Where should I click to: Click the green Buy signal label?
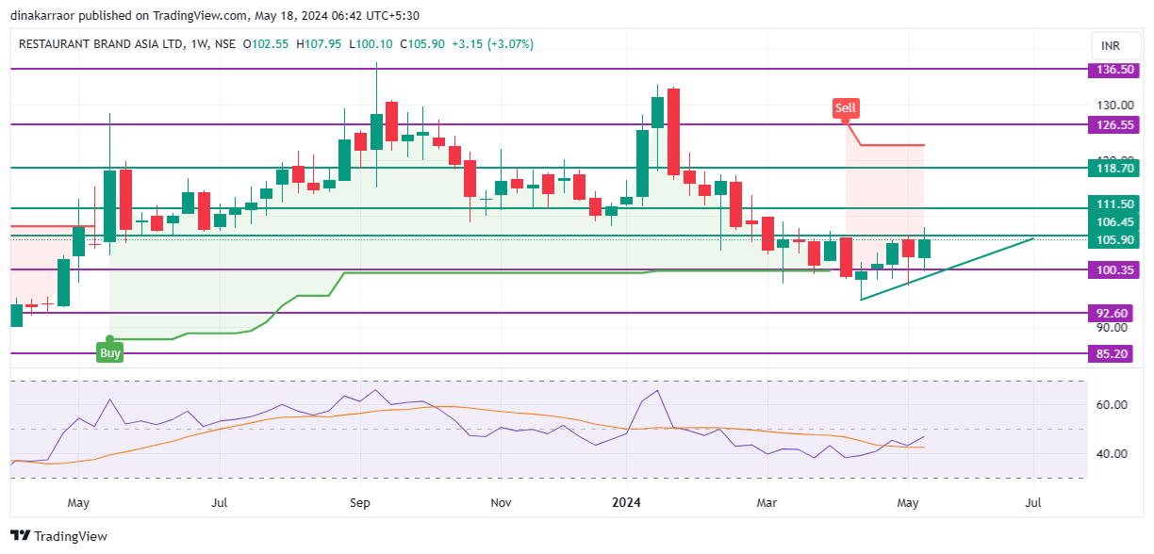(x=110, y=353)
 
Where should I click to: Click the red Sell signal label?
(x=845, y=108)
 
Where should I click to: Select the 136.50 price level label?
(x=1110, y=70)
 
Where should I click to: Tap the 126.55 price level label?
(x=1110, y=124)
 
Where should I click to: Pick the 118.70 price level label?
(x=1110, y=168)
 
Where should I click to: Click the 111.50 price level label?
(x=1110, y=204)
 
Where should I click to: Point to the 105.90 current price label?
(x=1110, y=239)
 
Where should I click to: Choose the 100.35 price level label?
(x=1110, y=270)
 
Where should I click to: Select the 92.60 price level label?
(x=1110, y=313)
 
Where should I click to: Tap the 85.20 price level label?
(x=1110, y=354)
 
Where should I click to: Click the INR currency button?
(x=1110, y=46)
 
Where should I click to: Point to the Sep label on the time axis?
(x=359, y=503)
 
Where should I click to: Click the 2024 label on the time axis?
(x=626, y=503)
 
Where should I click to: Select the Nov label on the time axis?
(x=501, y=503)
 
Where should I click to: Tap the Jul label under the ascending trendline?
(x=1033, y=503)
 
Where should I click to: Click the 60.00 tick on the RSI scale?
(x=1113, y=404)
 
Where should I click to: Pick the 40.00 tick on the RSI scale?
(x=1113, y=453)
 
